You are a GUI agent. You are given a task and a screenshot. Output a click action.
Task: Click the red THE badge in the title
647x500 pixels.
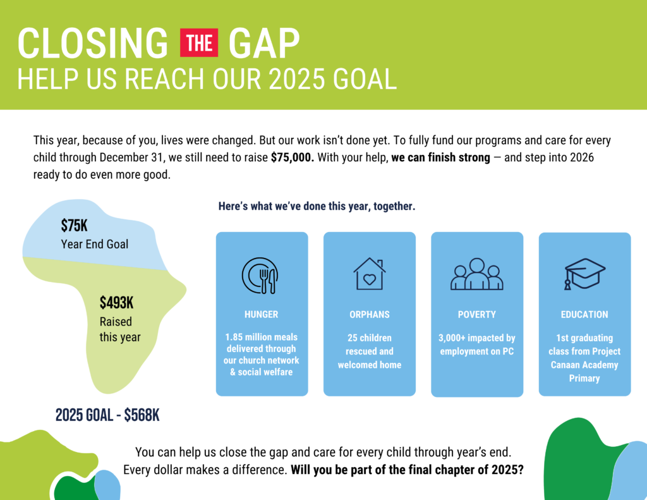tap(199, 43)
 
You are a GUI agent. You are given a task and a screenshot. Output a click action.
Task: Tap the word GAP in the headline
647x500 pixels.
tap(264, 43)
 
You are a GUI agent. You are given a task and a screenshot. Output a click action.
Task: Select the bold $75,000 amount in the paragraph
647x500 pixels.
tap(292, 158)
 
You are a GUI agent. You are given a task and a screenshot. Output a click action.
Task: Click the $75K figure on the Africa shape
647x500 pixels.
tap(75, 226)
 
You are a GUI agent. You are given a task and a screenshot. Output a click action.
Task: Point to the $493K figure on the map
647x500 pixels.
tap(116, 303)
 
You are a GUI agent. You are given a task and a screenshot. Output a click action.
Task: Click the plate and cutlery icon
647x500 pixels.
tap(260, 276)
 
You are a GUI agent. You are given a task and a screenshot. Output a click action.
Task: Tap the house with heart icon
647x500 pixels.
tap(369, 274)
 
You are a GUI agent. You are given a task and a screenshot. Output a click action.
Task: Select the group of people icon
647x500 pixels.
tap(476, 274)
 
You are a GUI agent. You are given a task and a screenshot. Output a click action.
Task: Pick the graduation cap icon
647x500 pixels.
tap(584, 274)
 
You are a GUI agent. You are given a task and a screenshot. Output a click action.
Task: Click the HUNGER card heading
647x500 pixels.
tap(261, 315)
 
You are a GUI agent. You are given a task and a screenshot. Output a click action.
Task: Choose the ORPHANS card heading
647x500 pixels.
tap(369, 315)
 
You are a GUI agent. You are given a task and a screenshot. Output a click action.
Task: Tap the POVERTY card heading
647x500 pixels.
tap(476, 315)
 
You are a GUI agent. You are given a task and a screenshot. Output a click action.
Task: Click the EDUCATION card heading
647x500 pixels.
tap(584, 315)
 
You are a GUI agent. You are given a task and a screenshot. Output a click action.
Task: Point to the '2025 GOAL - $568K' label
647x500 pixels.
tap(107, 415)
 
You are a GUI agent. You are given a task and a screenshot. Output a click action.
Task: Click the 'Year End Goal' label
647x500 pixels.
tap(95, 244)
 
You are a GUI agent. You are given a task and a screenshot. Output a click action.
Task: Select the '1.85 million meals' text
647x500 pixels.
tap(261, 338)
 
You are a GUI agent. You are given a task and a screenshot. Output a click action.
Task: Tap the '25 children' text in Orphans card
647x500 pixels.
tap(369, 338)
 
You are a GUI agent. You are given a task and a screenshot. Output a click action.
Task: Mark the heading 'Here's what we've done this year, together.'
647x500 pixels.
tap(317, 206)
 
